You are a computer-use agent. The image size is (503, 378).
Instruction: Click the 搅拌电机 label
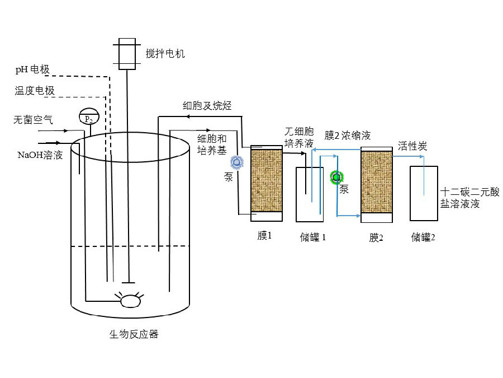point(165,54)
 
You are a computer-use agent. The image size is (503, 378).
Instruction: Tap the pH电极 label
point(32,70)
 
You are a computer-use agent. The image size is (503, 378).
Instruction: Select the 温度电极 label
point(35,91)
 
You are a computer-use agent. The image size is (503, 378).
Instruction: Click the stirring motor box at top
point(127,54)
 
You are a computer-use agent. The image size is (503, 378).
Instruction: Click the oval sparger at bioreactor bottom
point(131,301)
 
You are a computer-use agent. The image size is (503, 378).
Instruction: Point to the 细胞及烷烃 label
point(207,105)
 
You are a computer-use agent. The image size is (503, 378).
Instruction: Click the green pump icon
point(336,178)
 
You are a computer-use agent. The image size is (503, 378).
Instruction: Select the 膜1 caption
point(264,236)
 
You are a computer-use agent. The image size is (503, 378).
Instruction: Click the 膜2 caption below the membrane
point(376,237)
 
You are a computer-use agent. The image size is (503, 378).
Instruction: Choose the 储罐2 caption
point(423,237)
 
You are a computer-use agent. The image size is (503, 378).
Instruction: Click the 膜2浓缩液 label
point(348,136)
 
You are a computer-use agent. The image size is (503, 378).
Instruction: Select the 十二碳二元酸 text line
point(470,192)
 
